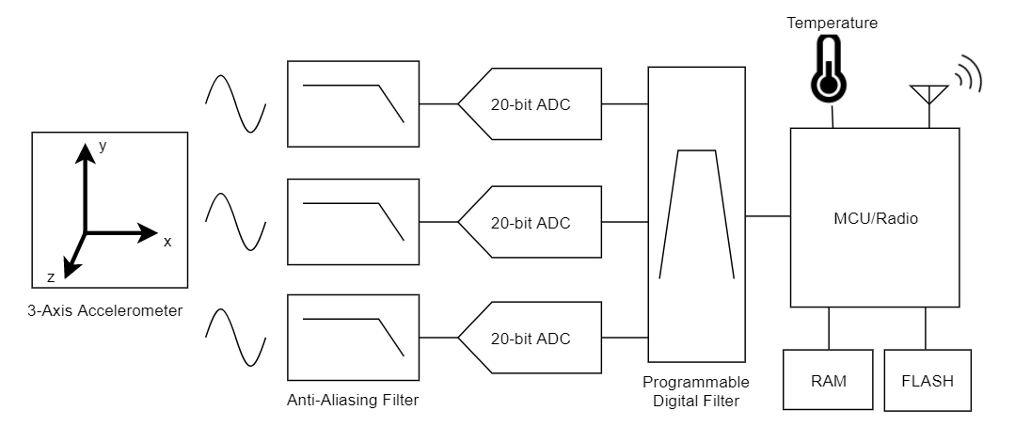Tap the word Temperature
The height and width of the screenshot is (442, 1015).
[833, 22]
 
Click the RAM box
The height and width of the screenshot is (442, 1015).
[829, 381]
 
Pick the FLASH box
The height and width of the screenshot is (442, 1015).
[927, 381]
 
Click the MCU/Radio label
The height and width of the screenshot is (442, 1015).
[875, 218]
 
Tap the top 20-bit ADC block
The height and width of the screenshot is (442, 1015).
[531, 103]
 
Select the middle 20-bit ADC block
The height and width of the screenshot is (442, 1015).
[531, 222]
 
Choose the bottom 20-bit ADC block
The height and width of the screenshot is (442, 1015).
[531, 339]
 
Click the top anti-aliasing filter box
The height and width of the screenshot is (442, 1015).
[353, 103]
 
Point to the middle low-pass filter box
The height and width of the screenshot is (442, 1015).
[353, 222]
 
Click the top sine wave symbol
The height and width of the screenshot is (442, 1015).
[235, 103]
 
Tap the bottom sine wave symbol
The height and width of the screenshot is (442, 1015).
[235, 338]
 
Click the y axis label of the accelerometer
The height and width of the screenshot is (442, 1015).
[103, 146]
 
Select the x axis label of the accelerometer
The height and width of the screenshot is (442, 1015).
[167, 242]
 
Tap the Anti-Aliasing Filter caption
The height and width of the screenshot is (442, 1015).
[353, 401]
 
